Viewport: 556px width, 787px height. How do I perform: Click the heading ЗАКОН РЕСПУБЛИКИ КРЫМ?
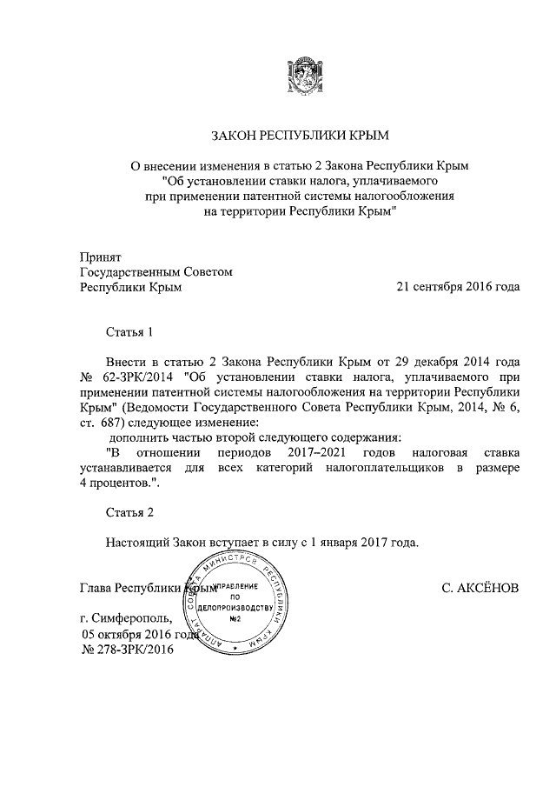point(301,136)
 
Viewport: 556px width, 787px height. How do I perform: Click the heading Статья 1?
point(130,332)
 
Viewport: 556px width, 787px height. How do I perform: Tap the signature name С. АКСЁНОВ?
point(480,589)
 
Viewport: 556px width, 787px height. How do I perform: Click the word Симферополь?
point(134,619)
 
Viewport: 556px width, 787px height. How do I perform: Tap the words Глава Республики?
point(130,589)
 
